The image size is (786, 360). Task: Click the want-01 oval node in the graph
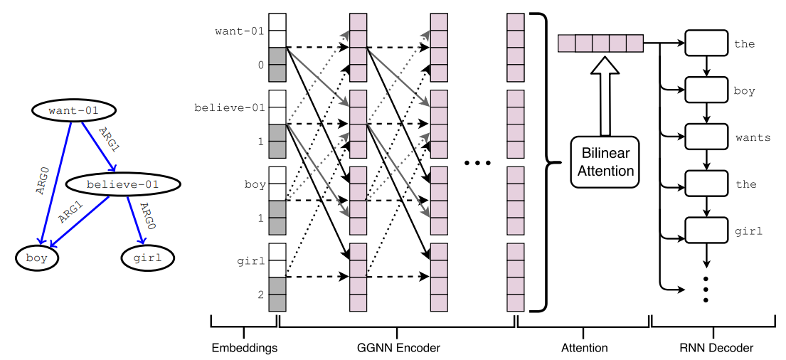pos(74,111)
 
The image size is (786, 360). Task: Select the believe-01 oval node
pos(122,184)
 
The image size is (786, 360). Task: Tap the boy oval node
pos(36,258)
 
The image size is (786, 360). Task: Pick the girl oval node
pos(149,258)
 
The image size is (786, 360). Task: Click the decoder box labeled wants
pos(706,137)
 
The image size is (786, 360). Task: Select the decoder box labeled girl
pos(706,230)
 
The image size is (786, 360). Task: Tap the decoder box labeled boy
pos(706,90)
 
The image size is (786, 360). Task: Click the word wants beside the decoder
pos(753,137)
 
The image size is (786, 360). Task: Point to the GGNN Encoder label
pos(397,347)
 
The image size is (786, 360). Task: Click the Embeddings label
pos(244,347)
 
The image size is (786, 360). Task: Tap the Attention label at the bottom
pos(584,347)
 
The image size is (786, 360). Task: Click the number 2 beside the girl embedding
pos(260,295)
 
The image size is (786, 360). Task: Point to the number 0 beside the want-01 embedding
pos(260,65)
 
